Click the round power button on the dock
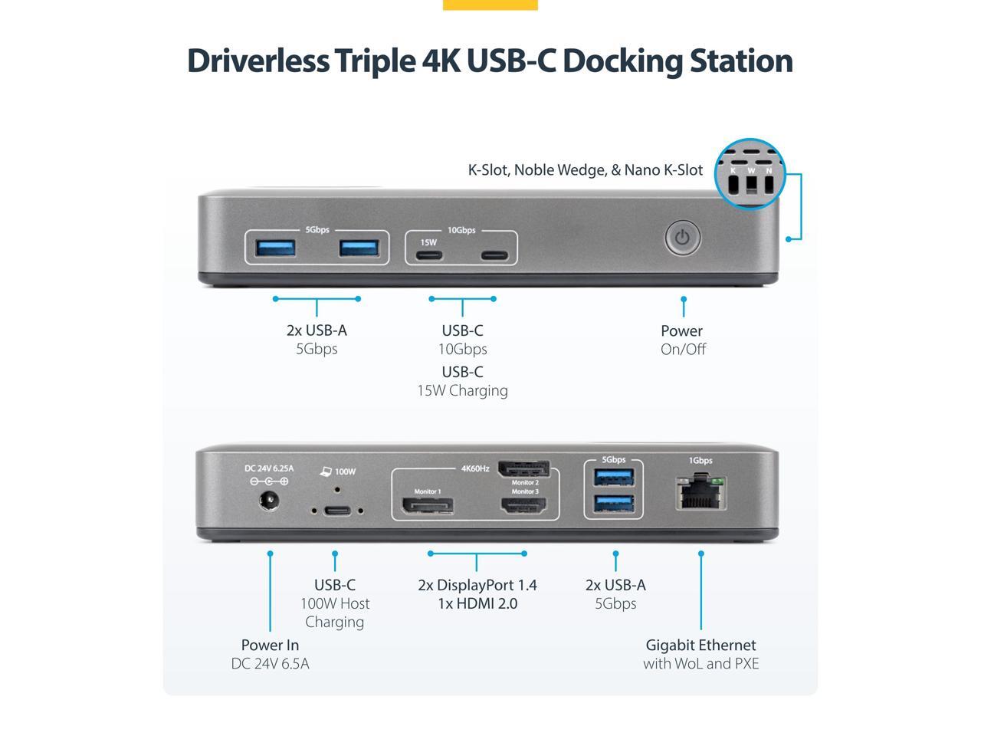pyautogui.click(x=682, y=238)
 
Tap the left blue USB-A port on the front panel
pyautogui.click(x=275, y=248)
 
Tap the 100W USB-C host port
pyautogui.click(x=336, y=510)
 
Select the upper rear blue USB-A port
pyautogui.click(x=614, y=478)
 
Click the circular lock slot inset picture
pyautogui.click(x=750, y=174)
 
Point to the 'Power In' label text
pyautogui.click(x=270, y=645)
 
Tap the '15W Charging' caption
pyautogui.click(x=462, y=390)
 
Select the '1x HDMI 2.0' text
pyautogui.click(x=477, y=603)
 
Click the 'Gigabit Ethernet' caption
pyautogui.click(x=700, y=645)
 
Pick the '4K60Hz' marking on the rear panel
pyautogui.click(x=475, y=468)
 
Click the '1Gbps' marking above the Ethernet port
pyautogui.click(x=700, y=461)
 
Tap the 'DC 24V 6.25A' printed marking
pyautogui.click(x=269, y=468)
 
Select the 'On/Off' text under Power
pyautogui.click(x=683, y=349)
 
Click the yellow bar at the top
pyautogui.click(x=490, y=5)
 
